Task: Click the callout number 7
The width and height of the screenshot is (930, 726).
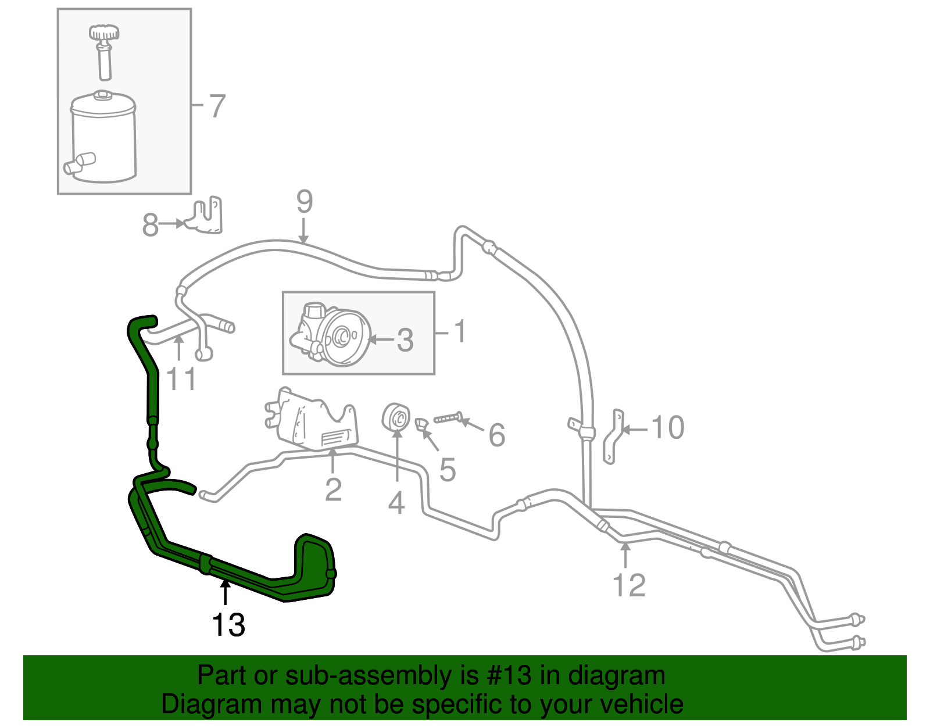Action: pos(216,106)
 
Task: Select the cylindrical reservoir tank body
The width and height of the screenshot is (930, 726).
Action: pos(103,140)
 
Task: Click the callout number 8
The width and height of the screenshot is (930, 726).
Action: pos(150,225)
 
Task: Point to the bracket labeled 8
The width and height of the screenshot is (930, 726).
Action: pos(206,216)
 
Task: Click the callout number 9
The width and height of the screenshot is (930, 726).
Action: pos(305,202)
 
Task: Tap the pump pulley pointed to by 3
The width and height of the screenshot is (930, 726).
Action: pos(343,338)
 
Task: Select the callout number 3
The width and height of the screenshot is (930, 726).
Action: pos(405,340)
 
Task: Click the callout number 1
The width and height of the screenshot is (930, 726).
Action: pos(459,332)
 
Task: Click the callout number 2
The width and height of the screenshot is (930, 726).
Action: pos(333,489)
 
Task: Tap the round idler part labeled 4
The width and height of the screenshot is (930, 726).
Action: pos(396,417)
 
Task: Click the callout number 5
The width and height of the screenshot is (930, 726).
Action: pos(447,470)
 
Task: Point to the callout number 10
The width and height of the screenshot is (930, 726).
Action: pos(668,428)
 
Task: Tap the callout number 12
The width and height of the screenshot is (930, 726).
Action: pos(629,585)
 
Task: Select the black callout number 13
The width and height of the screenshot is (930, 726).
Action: pos(228,625)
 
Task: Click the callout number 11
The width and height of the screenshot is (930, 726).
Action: pos(181,380)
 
